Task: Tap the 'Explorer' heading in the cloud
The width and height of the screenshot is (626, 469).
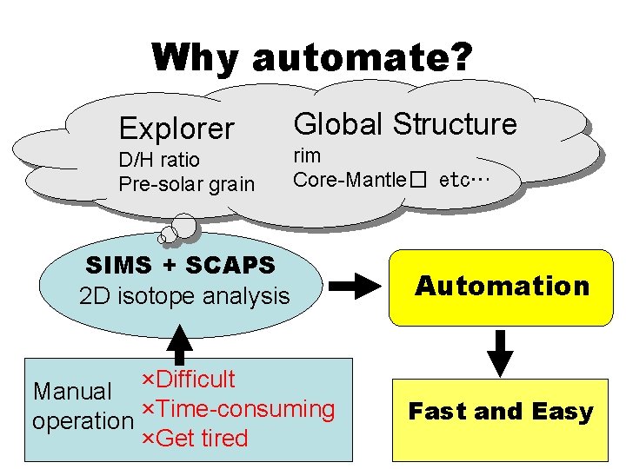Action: coord(176,129)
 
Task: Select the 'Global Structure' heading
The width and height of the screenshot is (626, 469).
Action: coord(405,124)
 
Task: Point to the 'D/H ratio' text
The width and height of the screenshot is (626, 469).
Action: coord(159,160)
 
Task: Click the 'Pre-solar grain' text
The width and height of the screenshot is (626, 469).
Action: coord(187,184)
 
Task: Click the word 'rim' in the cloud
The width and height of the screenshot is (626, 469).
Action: coord(307,156)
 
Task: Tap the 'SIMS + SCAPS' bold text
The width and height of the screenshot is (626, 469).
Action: coord(180,264)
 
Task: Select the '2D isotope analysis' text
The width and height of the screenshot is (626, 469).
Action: coord(184,295)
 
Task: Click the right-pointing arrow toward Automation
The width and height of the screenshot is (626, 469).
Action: coord(356,286)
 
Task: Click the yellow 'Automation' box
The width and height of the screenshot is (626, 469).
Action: coord(502,286)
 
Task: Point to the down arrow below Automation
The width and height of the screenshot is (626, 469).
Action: coord(502,352)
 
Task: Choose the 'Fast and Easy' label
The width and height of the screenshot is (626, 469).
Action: coord(501,411)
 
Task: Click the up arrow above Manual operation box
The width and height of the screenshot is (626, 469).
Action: coord(179,342)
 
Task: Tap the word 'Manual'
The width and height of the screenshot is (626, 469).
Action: coord(72,393)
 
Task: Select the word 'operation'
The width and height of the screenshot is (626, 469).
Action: coord(83,421)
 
